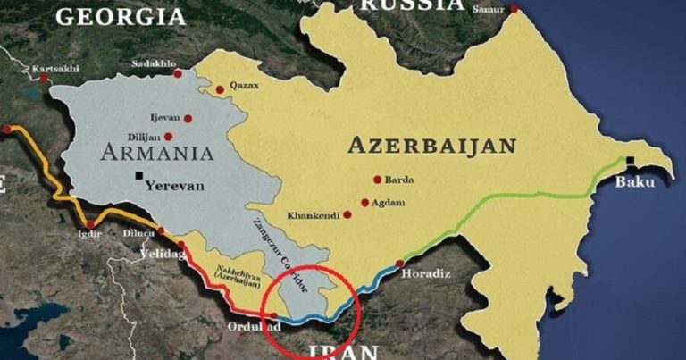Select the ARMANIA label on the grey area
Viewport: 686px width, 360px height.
[156, 152]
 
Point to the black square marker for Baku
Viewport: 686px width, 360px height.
[632, 162]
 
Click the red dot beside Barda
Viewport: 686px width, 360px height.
[378, 180]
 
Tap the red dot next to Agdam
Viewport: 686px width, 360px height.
[364, 203]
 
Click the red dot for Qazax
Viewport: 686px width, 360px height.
[220, 88]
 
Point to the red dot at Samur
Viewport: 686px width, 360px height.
[514, 10]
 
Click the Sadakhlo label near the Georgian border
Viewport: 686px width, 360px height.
[154, 64]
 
